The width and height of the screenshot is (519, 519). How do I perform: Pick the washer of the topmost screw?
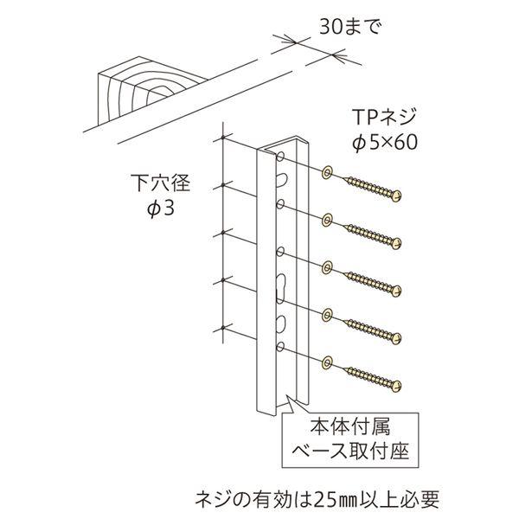point(327,173)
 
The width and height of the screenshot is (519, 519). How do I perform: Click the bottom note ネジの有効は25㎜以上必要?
point(317,498)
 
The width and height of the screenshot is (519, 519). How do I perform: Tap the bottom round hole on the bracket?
point(281,348)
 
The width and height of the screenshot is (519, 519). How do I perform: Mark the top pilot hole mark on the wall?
point(223,139)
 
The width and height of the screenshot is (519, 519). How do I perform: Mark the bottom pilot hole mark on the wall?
point(223,326)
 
